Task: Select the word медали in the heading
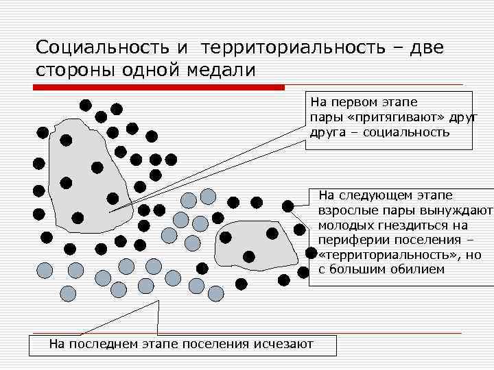[x=221, y=70]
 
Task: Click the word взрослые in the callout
[x=348, y=210]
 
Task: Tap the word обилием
[x=421, y=269]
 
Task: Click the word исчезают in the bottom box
[x=283, y=344]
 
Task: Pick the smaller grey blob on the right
[x=255, y=243]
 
